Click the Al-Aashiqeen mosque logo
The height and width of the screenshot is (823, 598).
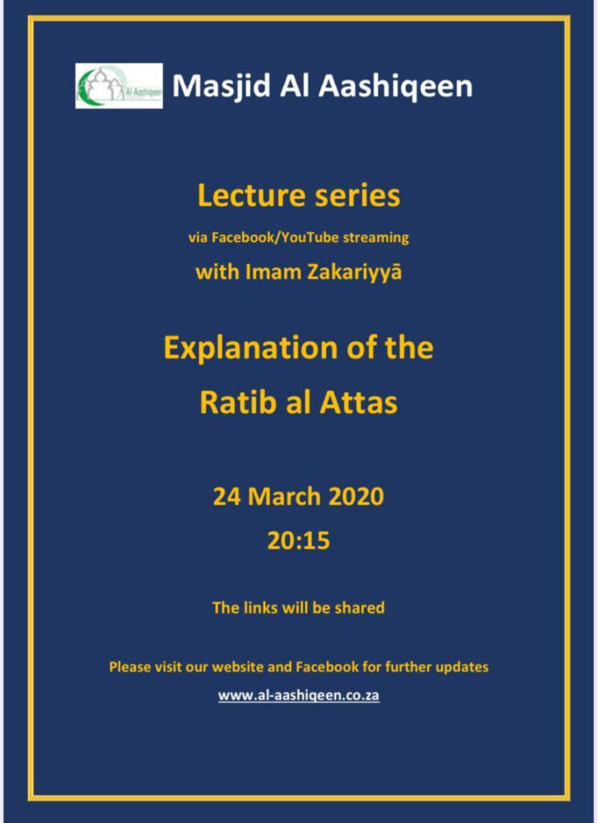119,85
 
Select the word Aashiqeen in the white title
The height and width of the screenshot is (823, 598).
396,86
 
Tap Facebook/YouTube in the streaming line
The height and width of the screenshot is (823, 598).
275,238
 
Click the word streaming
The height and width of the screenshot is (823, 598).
375,238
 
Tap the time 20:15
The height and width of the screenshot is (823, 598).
299,541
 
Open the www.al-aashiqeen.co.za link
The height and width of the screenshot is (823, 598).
299,695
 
